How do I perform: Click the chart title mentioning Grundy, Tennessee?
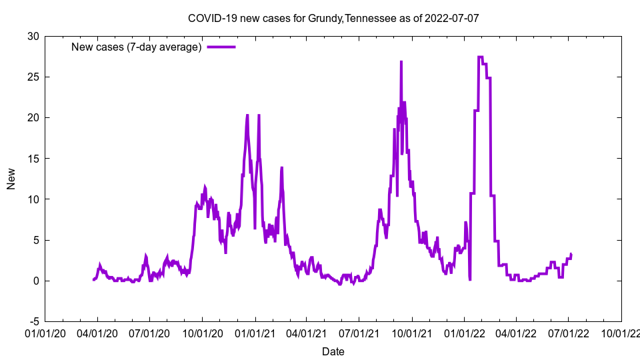click(333, 18)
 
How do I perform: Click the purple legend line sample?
click(221, 47)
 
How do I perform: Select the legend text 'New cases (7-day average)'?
click(136, 47)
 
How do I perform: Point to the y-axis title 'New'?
click(11, 178)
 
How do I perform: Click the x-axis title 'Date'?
click(333, 351)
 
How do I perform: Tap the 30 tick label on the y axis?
click(33, 36)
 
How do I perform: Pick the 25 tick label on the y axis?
click(33, 77)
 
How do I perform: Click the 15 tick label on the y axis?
click(33, 158)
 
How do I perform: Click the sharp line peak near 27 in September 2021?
click(401, 62)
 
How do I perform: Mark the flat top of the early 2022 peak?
click(481, 57)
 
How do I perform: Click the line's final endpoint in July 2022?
click(571, 254)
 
